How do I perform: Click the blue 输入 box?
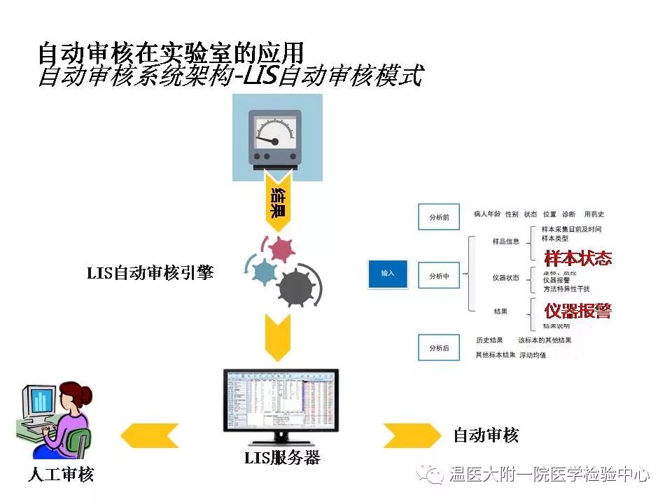pos(388,273)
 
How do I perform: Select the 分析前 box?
pos(439,217)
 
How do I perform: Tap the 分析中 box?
pos(439,276)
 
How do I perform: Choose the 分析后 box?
pos(439,347)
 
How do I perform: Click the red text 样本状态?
pos(577,258)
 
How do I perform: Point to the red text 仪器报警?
pos(577,309)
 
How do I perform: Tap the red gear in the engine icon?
pos(281,249)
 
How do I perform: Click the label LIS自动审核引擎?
pos(150,273)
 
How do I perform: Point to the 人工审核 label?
pos(61,475)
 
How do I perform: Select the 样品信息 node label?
pos(506,241)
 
